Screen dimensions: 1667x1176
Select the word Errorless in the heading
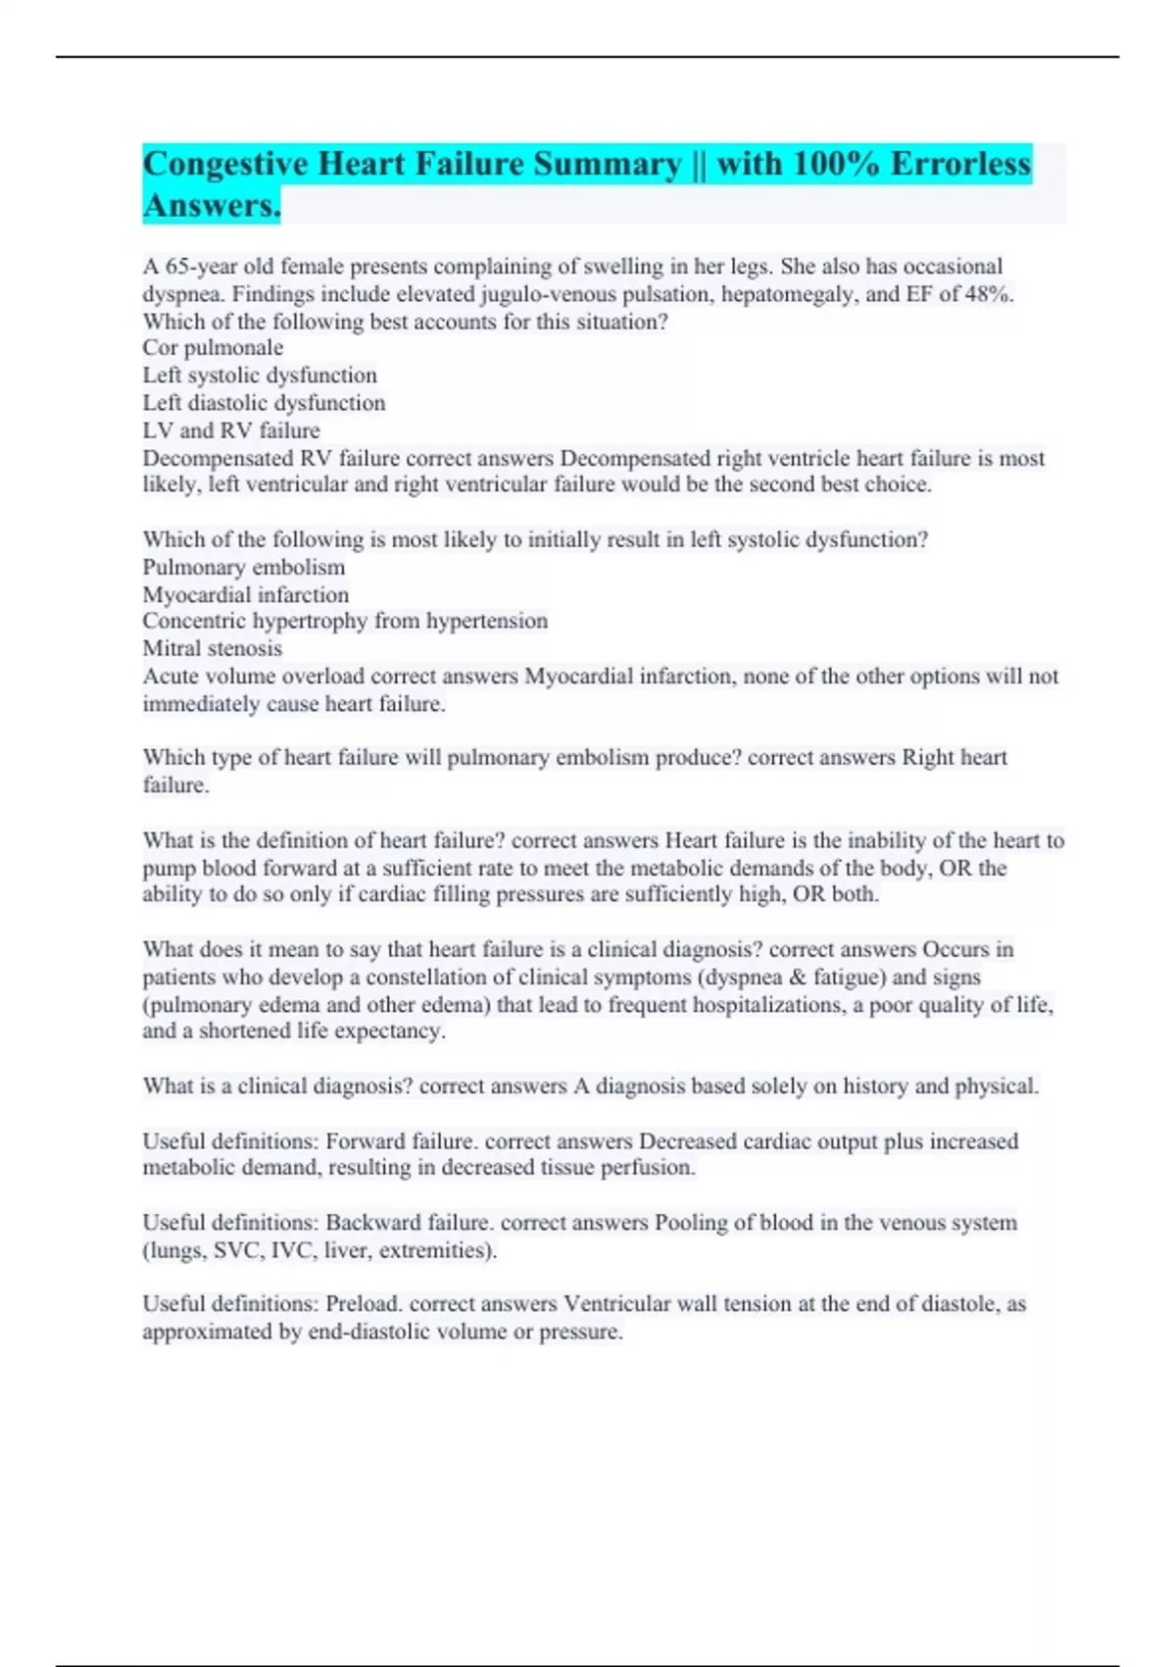pyautogui.click(x=960, y=164)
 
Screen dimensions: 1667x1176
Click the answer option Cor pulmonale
pyautogui.click(x=213, y=348)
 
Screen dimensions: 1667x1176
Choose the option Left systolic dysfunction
pyautogui.click(x=260, y=376)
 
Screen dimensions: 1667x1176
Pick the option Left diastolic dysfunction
pyautogui.click(x=264, y=403)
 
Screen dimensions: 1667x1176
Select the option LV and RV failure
pyautogui.click(x=231, y=430)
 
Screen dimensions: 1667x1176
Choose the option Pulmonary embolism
pyautogui.click(x=244, y=568)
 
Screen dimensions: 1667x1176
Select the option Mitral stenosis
pyautogui.click(x=213, y=648)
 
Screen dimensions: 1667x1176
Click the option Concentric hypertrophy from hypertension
pyautogui.click(x=345, y=622)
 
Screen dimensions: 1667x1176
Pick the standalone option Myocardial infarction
pyautogui.click(x=245, y=595)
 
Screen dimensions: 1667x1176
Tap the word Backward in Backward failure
pyautogui.click(x=370, y=1223)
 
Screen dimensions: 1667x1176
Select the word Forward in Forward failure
pyautogui.click(x=365, y=1141)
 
